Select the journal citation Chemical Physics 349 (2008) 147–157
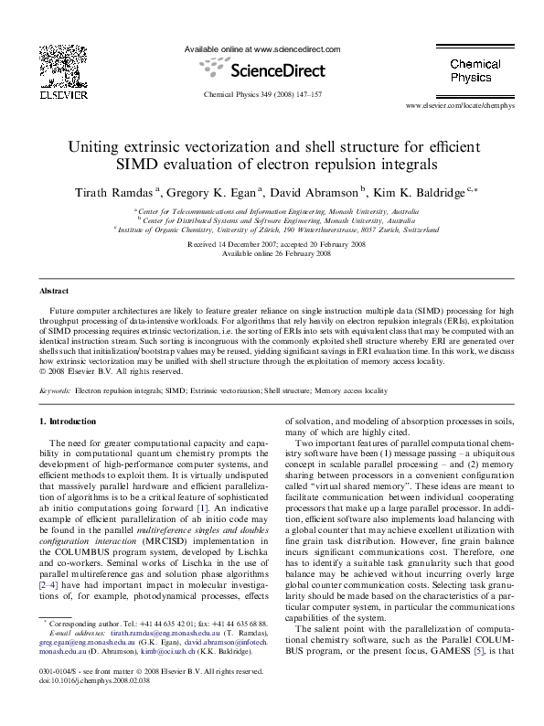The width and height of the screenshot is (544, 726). point(262,94)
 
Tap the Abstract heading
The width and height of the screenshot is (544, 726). point(54,291)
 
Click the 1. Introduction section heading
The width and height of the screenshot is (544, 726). point(70,422)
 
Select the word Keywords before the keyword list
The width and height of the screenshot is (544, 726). point(55,390)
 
